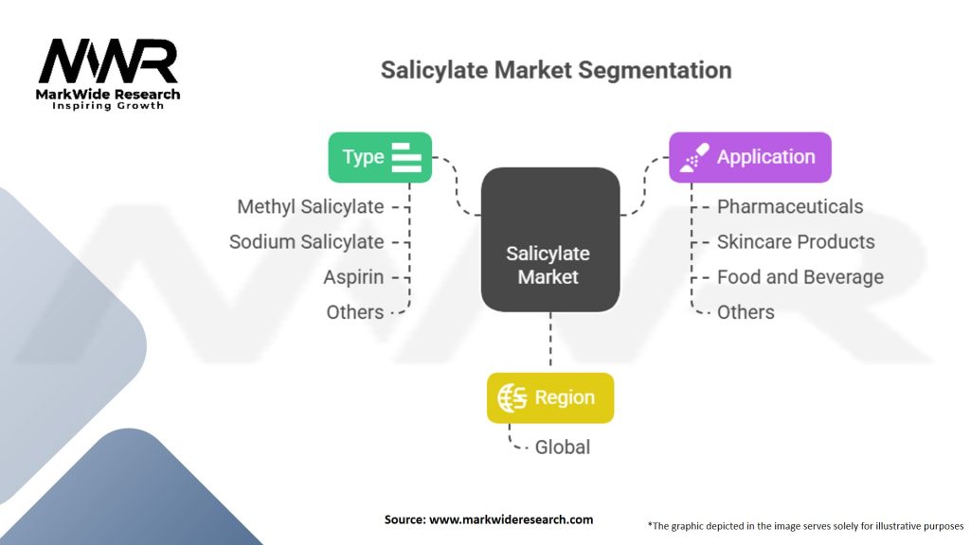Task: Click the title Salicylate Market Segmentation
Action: pos(555,70)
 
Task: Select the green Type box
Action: pos(380,157)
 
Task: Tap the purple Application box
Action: pos(749,157)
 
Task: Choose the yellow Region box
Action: pos(549,397)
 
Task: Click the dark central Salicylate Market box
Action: pos(548,240)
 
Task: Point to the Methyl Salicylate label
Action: pos(311,206)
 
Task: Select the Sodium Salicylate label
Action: pos(306,241)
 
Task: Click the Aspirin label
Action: pos(353,277)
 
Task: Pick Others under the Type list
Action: pos(355,312)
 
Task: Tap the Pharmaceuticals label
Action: pos(790,206)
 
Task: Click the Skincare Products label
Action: pos(796,241)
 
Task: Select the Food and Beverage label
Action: pos(800,277)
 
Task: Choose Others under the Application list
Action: pos(745,312)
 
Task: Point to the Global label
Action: pos(563,447)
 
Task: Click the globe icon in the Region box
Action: pos(512,398)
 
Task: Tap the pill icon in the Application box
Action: pos(694,157)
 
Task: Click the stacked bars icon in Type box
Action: pos(406,157)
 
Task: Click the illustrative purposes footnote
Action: pos(805,525)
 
